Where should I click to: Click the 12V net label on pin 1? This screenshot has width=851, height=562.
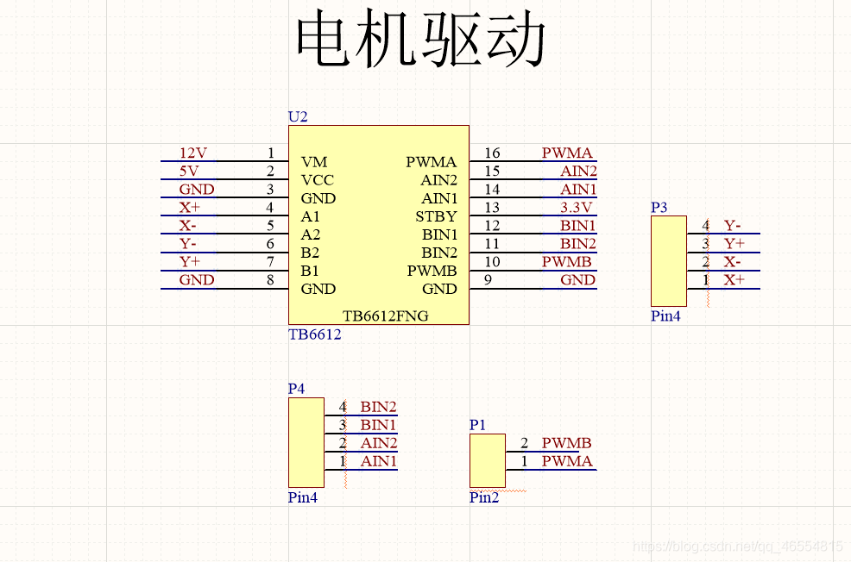[192, 153]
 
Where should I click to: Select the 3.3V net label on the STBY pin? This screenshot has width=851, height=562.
[577, 208]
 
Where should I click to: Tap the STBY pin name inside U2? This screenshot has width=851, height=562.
[436, 216]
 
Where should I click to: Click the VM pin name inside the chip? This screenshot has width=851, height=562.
[314, 162]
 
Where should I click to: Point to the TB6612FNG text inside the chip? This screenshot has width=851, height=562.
[385, 315]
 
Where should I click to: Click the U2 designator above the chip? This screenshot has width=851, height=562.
[297, 116]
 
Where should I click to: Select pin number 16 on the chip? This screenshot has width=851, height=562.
[492, 153]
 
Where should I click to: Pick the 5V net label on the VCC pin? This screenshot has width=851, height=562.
[189, 172]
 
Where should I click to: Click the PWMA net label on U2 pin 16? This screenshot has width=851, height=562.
[567, 153]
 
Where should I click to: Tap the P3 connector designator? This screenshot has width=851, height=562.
[659, 208]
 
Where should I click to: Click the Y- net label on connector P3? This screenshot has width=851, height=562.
[732, 226]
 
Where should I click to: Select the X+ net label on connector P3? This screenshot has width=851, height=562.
[734, 280]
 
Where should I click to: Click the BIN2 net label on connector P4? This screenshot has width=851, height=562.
[378, 407]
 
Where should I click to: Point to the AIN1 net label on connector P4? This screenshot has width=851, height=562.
[379, 461]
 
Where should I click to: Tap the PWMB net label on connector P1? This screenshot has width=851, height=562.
[566, 443]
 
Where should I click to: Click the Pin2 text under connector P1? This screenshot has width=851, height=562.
[484, 497]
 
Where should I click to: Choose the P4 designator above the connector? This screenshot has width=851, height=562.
[296, 389]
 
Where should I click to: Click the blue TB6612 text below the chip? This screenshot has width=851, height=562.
[314, 334]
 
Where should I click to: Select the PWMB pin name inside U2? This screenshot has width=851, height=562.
[432, 271]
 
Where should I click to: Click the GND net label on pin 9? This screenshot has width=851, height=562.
[577, 280]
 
